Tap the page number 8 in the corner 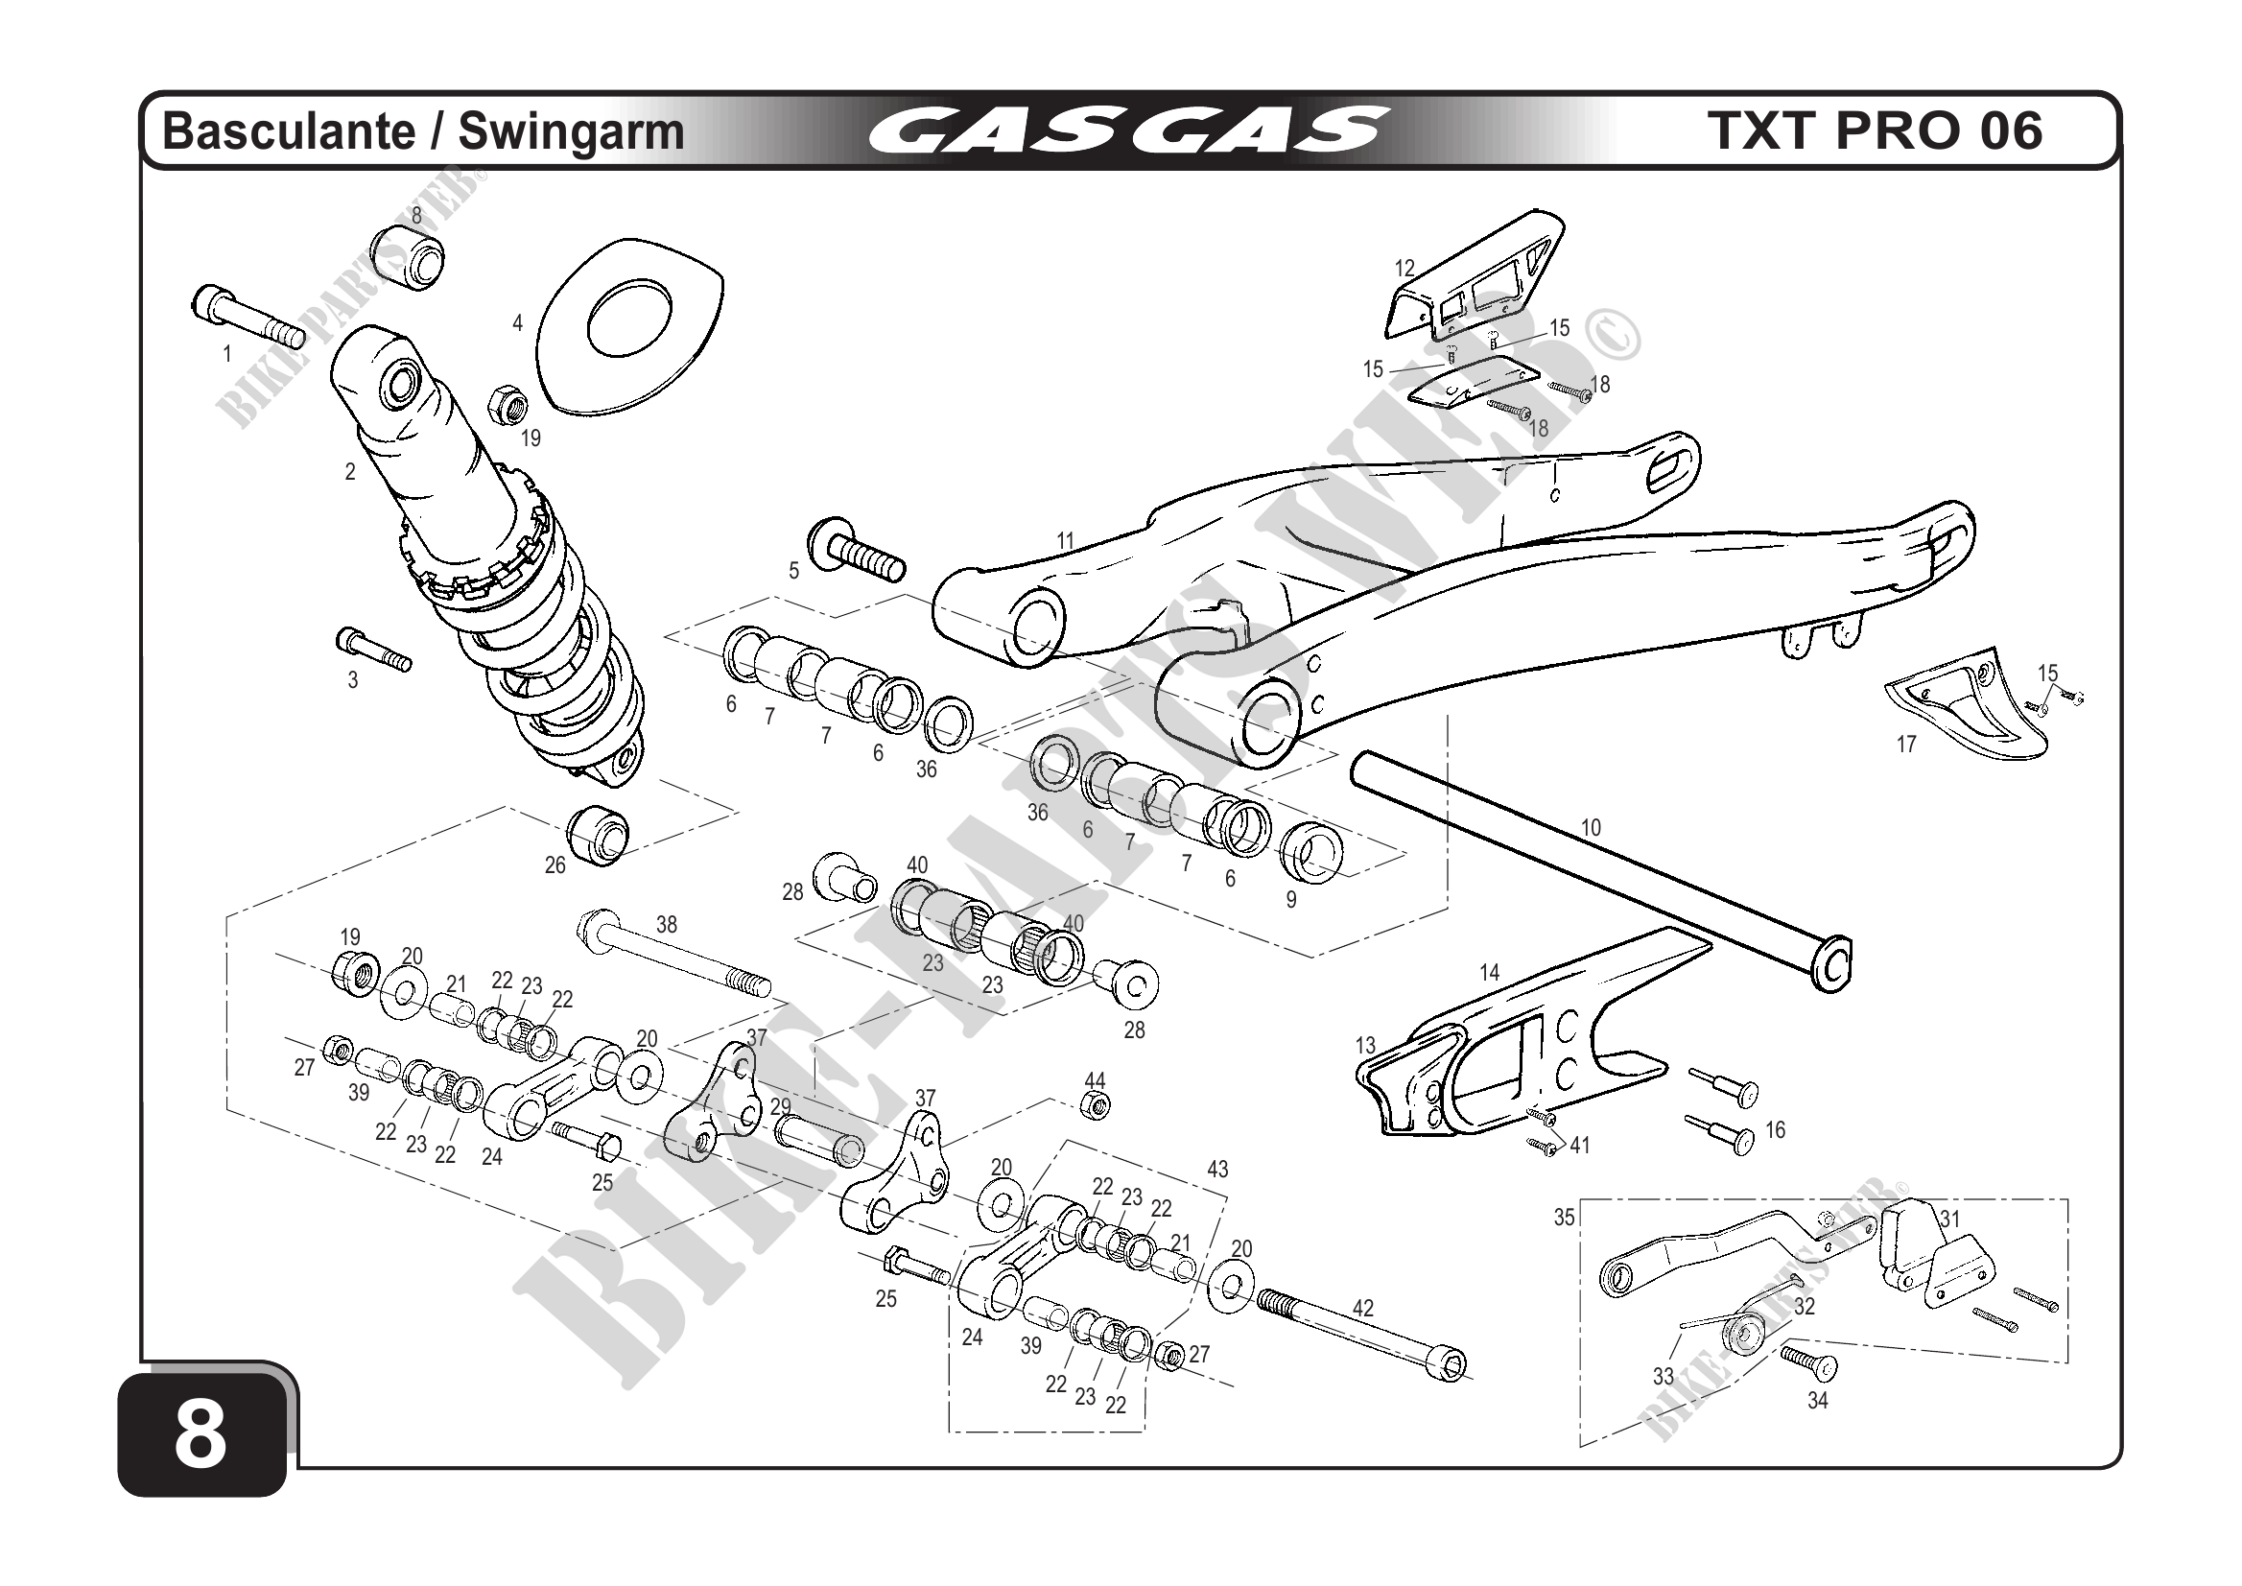pos(201,1436)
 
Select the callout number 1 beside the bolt pos(227,353)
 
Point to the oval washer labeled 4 pos(630,323)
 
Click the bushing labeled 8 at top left pos(408,255)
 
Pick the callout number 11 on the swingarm pos(1065,540)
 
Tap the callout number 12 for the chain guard pos(1404,269)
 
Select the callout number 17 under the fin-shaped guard pos(1906,745)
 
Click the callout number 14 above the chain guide pos(1489,973)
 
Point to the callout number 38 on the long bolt pos(666,924)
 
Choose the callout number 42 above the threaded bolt pos(1362,1308)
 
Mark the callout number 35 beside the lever pos(1565,1218)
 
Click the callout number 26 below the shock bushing pos(555,865)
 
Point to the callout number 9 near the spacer pos(1291,899)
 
